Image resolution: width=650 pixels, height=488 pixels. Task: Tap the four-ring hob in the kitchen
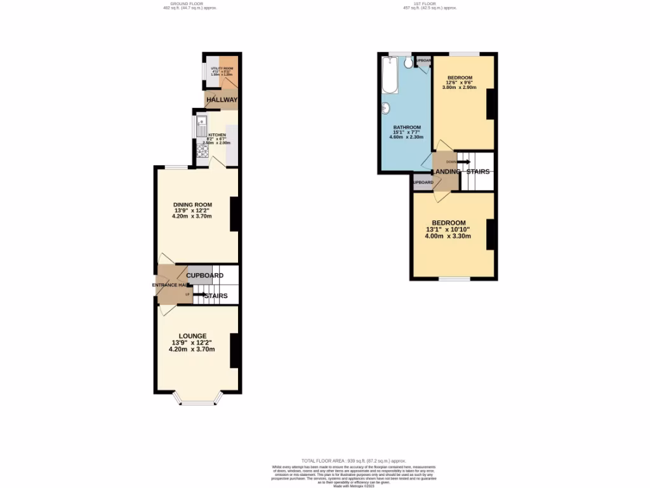coord(202,151)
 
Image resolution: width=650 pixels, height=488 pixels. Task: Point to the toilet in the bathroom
coord(408,61)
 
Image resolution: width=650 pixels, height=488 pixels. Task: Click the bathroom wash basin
coord(385,110)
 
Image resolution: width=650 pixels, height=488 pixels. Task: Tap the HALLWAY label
coord(222,100)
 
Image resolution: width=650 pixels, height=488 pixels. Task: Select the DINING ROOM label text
coord(192,204)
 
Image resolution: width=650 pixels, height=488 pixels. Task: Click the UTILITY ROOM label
coord(222,68)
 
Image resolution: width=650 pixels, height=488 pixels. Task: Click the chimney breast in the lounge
coord(234,350)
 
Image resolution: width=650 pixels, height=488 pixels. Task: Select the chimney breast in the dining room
coord(234,213)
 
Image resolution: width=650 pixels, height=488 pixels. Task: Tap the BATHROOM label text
coord(407,127)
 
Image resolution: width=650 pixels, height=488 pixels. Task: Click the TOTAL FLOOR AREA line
coord(354,461)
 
